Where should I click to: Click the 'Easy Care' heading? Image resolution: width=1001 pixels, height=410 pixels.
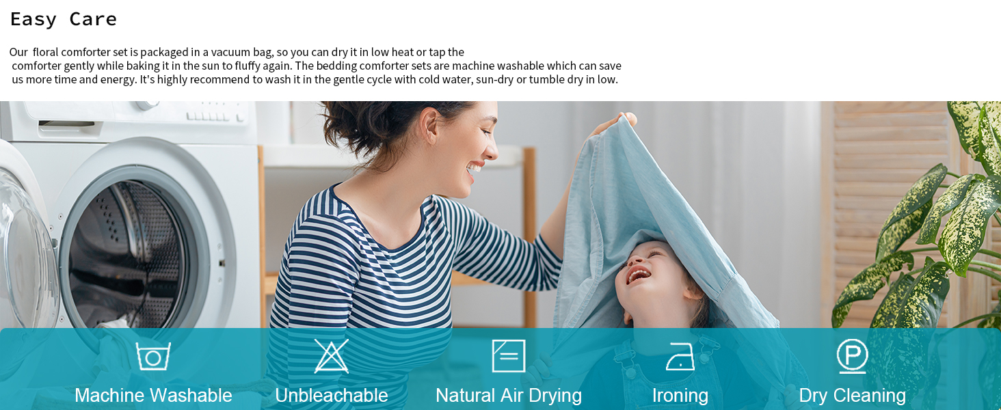click(x=64, y=20)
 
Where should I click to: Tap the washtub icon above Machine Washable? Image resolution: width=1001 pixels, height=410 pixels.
click(x=153, y=357)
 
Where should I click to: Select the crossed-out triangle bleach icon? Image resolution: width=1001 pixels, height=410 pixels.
click(x=331, y=356)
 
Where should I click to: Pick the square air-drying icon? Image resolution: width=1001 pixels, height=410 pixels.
click(x=509, y=355)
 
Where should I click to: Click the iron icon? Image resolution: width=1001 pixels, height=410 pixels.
click(x=680, y=357)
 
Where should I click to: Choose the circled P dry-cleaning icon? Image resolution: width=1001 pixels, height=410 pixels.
click(x=852, y=356)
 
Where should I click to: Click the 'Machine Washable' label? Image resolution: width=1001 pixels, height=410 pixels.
click(x=153, y=395)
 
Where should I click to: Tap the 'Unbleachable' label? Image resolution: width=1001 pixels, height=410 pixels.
click(x=332, y=395)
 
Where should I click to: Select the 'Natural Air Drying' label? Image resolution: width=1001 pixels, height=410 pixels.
click(x=509, y=396)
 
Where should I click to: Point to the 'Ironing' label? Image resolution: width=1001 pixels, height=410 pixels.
click(x=680, y=396)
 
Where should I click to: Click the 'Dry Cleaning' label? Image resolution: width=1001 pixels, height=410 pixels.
click(x=852, y=396)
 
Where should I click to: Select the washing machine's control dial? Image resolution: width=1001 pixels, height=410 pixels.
click(x=148, y=105)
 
